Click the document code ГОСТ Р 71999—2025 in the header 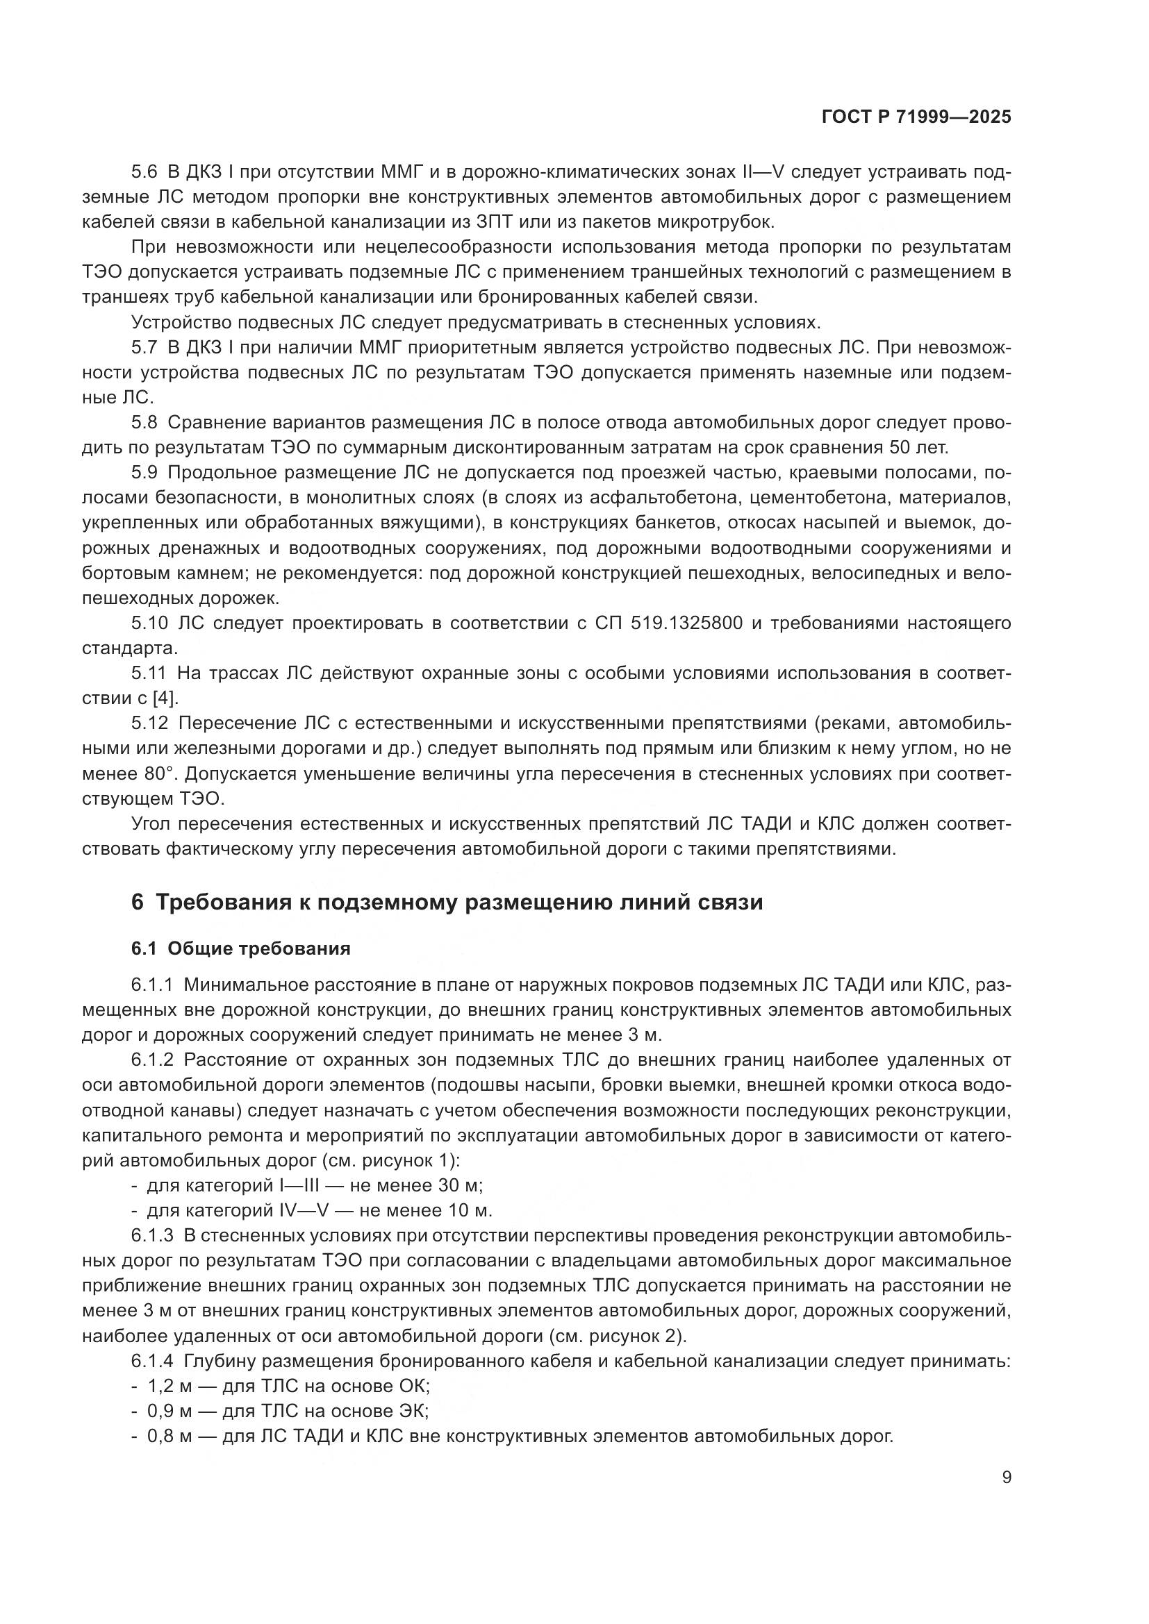(916, 117)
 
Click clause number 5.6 (144, 172)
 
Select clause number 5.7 (144, 347)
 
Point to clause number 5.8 (144, 422)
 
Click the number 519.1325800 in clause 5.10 (686, 623)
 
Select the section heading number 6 (138, 903)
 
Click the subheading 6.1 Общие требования (240, 948)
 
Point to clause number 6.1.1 (151, 985)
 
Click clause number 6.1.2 (151, 1060)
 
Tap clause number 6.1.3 (151, 1235)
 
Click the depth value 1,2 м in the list (169, 1386)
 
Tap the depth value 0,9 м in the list (169, 1411)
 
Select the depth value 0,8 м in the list (169, 1437)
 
